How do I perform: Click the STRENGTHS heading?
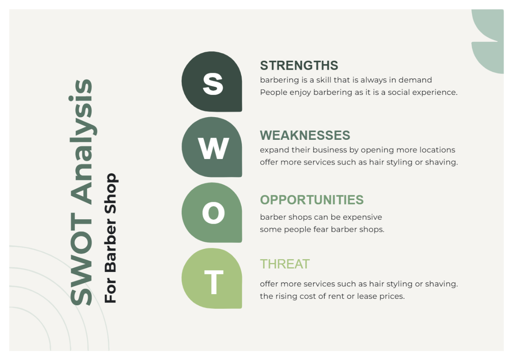(x=299, y=65)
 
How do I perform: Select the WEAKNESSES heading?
(x=305, y=135)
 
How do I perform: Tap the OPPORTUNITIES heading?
(x=312, y=200)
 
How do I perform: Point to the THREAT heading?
(x=285, y=264)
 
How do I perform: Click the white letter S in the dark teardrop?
(x=212, y=83)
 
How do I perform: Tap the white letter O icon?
(x=213, y=212)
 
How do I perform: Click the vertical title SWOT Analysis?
(x=81, y=192)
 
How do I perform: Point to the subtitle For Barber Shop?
(x=111, y=238)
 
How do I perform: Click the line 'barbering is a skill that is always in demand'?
(x=346, y=80)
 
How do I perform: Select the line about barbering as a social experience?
(x=359, y=92)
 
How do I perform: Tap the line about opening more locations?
(x=357, y=150)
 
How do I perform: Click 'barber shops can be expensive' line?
(x=321, y=217)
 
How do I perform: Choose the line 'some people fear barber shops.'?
(x=322, y=230)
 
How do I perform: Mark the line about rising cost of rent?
(x=332, y=296)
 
